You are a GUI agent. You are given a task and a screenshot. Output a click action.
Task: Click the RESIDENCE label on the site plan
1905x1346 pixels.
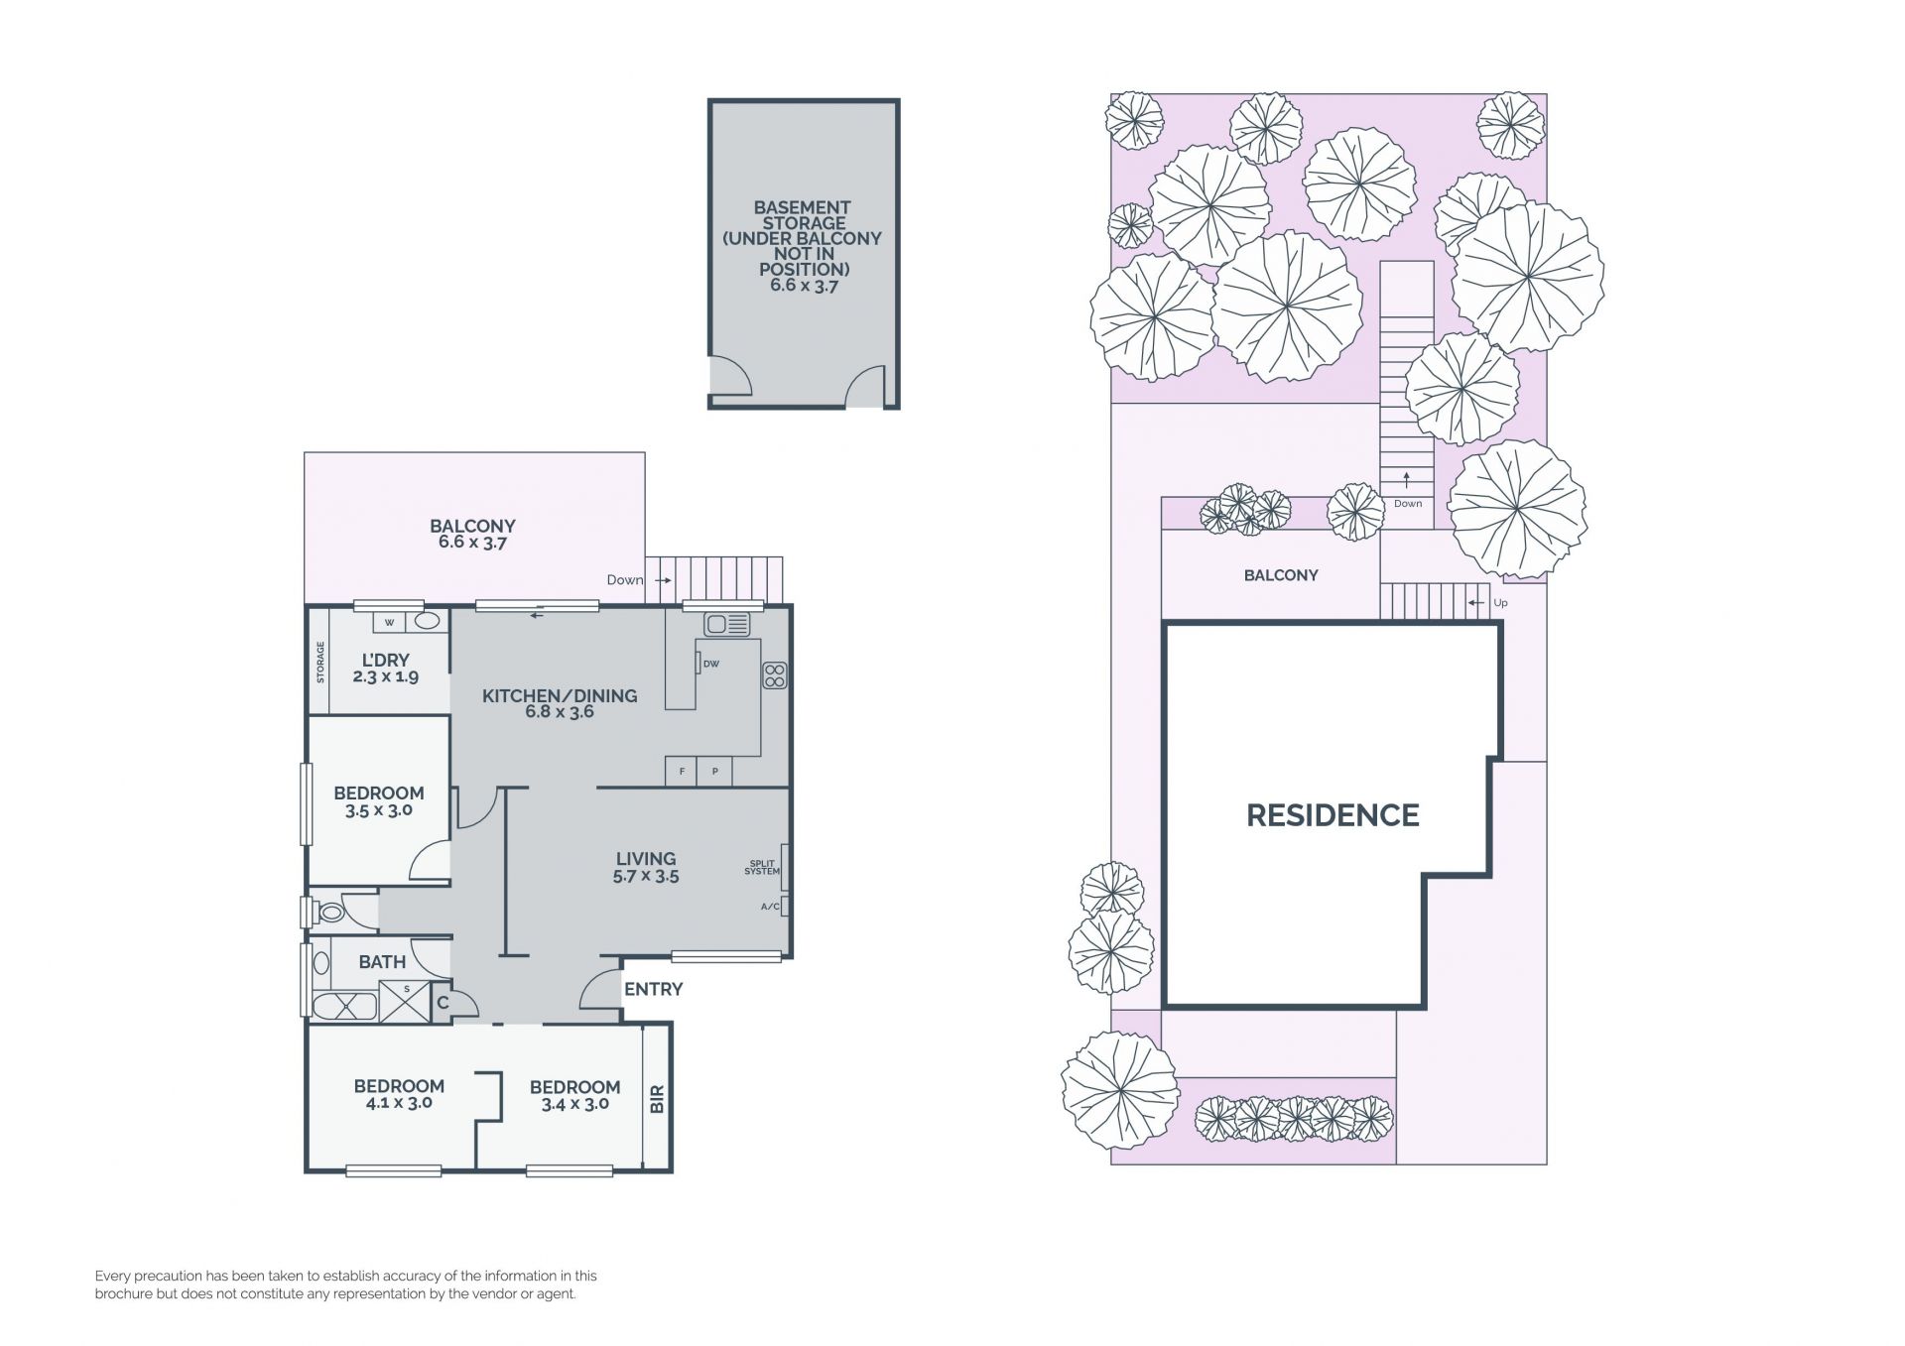pyautogui.click(x=1333, y=815)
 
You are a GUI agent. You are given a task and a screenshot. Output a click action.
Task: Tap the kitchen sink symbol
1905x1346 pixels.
pyautogui.click(x=727, y=624)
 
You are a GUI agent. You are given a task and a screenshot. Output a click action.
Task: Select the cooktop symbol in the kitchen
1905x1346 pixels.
pyautogui.click(x=774, y=676)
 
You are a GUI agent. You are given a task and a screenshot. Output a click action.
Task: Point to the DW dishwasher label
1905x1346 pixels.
pyautogui.click(x=711, y=664)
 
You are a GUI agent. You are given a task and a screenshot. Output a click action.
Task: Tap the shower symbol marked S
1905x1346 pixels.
pyautogui.click(x=407, y=1001)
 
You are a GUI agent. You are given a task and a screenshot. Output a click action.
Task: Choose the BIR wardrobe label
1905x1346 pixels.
pyautogui.click(x=657, y=1097)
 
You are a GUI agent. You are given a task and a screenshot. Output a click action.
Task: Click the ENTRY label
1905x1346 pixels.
pyautogui.click(x=653, y=989)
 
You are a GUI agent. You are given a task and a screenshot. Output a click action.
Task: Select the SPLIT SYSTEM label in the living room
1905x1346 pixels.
pyautogui.click(x=762, y=868)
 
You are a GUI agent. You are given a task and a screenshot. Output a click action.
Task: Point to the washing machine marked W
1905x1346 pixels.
pyautogui.click(x=389, y=623)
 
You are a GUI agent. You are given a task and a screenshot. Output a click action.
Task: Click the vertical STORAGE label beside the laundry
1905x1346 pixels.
pyautogui.click(x=320, y=662)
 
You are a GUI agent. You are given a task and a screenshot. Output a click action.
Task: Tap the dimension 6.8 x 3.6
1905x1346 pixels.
pyautogui.click(x=560, y=712)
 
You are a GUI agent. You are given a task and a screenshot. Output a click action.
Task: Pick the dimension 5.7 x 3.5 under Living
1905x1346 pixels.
pyautogui.click(x=646, y=877)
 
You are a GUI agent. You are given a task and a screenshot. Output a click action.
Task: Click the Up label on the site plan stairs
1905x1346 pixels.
pyautogui.click(x=1500, y=603)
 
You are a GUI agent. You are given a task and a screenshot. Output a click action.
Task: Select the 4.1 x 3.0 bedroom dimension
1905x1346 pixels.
pyautogui.click(x=399, y=1103)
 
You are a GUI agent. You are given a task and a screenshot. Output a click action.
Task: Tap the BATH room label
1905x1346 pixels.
pyautogui.click(x=382, y=962)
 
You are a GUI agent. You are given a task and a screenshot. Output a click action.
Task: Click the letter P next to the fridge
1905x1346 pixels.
pyautogui.click(x=714, y=772)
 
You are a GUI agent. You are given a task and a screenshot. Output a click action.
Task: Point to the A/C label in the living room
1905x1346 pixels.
pyautogui.click(x=770, y=907)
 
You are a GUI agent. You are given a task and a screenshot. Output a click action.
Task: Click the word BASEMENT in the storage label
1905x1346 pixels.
pyautogui.click(x=802, y=207)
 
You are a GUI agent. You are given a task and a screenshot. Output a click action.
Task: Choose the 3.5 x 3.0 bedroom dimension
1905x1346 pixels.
pyautogui.click(x=379, y=810)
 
